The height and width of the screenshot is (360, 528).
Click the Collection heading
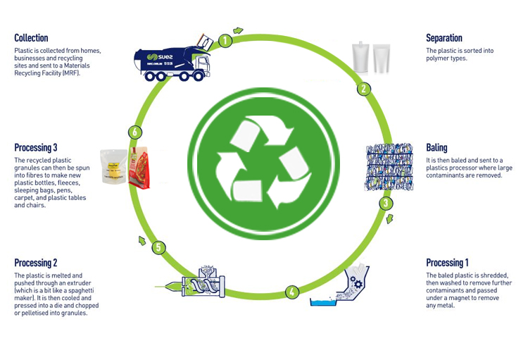31,37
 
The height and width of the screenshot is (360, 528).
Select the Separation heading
444,37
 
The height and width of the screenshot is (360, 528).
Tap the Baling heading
436,148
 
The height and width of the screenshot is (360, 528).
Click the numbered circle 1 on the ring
225,40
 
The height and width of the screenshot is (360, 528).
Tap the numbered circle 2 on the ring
364,89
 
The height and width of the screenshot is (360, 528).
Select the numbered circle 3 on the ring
386,204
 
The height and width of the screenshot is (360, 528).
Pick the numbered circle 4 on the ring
292,290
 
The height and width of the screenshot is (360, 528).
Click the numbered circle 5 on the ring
159,247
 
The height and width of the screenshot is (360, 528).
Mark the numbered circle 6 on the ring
135,132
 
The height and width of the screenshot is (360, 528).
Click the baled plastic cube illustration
389,168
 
